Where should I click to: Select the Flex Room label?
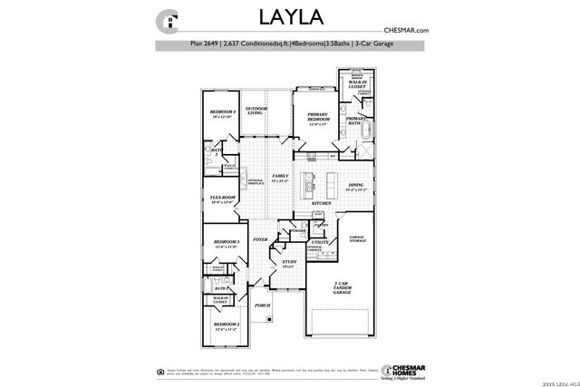(x=223, y=198)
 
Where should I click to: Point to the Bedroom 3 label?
(x=226, y=243)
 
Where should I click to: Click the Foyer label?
(x=260, y=239)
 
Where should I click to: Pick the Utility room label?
(x=319, y=243)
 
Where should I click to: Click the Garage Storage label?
(x=358, y=239)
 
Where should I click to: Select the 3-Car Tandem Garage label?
(x=340, y=288)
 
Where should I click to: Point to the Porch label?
(x=262, y=305)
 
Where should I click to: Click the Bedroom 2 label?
(x=226, y=325)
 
